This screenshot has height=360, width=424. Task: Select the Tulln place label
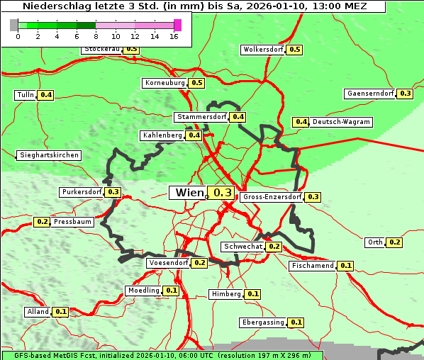(25, 95)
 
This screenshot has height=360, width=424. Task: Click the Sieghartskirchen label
(48, 155)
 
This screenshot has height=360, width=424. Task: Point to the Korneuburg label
(164, 83)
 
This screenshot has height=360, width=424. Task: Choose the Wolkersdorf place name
(262, 50)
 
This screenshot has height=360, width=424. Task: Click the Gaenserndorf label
(369, 94)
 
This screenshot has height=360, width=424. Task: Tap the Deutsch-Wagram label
(341, 122)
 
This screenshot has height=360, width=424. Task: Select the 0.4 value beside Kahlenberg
(194, 135)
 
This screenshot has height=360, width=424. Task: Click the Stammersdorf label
(201, 117)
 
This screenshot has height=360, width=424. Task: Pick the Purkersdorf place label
(82, 192)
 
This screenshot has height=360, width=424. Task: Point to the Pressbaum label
(72, 222)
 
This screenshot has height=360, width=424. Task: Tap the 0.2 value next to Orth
(395, 242)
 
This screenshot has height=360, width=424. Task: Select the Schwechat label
(242, 247)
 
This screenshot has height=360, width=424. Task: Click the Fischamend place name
(312, 266)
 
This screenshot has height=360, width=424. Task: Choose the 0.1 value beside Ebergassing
(296, 322)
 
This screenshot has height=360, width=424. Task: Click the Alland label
(38, 312)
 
